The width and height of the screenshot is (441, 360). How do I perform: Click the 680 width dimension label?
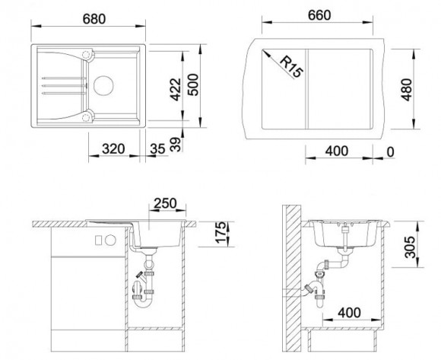tap(94, 19)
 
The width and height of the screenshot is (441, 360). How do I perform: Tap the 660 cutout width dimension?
tap(319, 15)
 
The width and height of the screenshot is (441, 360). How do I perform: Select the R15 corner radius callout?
tap(292, 67)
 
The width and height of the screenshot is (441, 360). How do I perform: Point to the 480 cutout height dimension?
tap(407, 90)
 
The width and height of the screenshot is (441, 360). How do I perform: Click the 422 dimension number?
tap(176, 89)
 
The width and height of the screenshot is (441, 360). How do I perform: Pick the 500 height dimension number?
tap(193, 84)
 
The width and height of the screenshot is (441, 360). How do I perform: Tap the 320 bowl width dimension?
tap(113, 149)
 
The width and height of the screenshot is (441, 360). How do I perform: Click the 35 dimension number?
tap(157, 149)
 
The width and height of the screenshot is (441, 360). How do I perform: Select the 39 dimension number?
tap(176, 145)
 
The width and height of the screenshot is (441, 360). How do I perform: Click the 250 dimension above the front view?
tap(166, 203)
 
